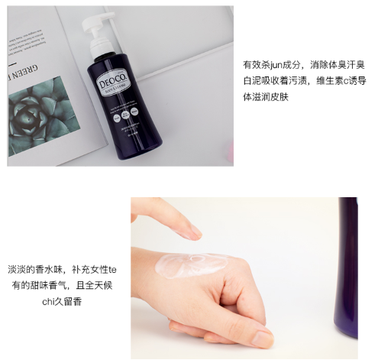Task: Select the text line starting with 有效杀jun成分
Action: pos(297,64)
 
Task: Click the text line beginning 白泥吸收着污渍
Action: pos(297,81)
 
